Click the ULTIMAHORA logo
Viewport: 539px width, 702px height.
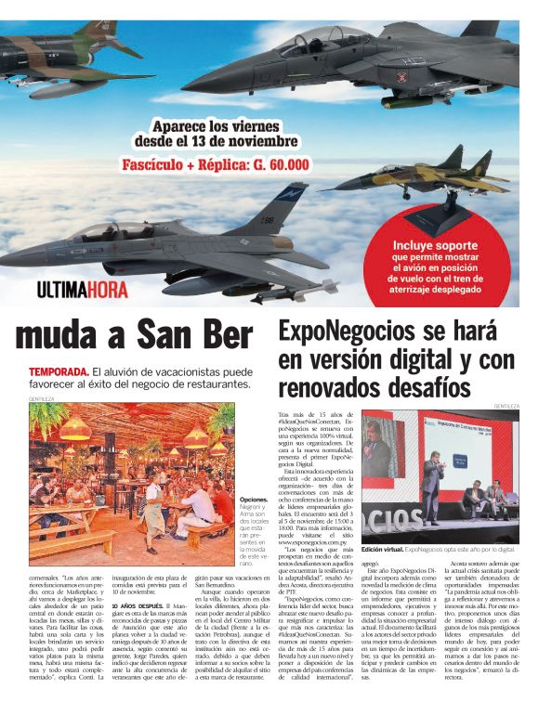83,289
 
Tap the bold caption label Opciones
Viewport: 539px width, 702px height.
254,499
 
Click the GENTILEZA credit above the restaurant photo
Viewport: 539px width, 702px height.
41,398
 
